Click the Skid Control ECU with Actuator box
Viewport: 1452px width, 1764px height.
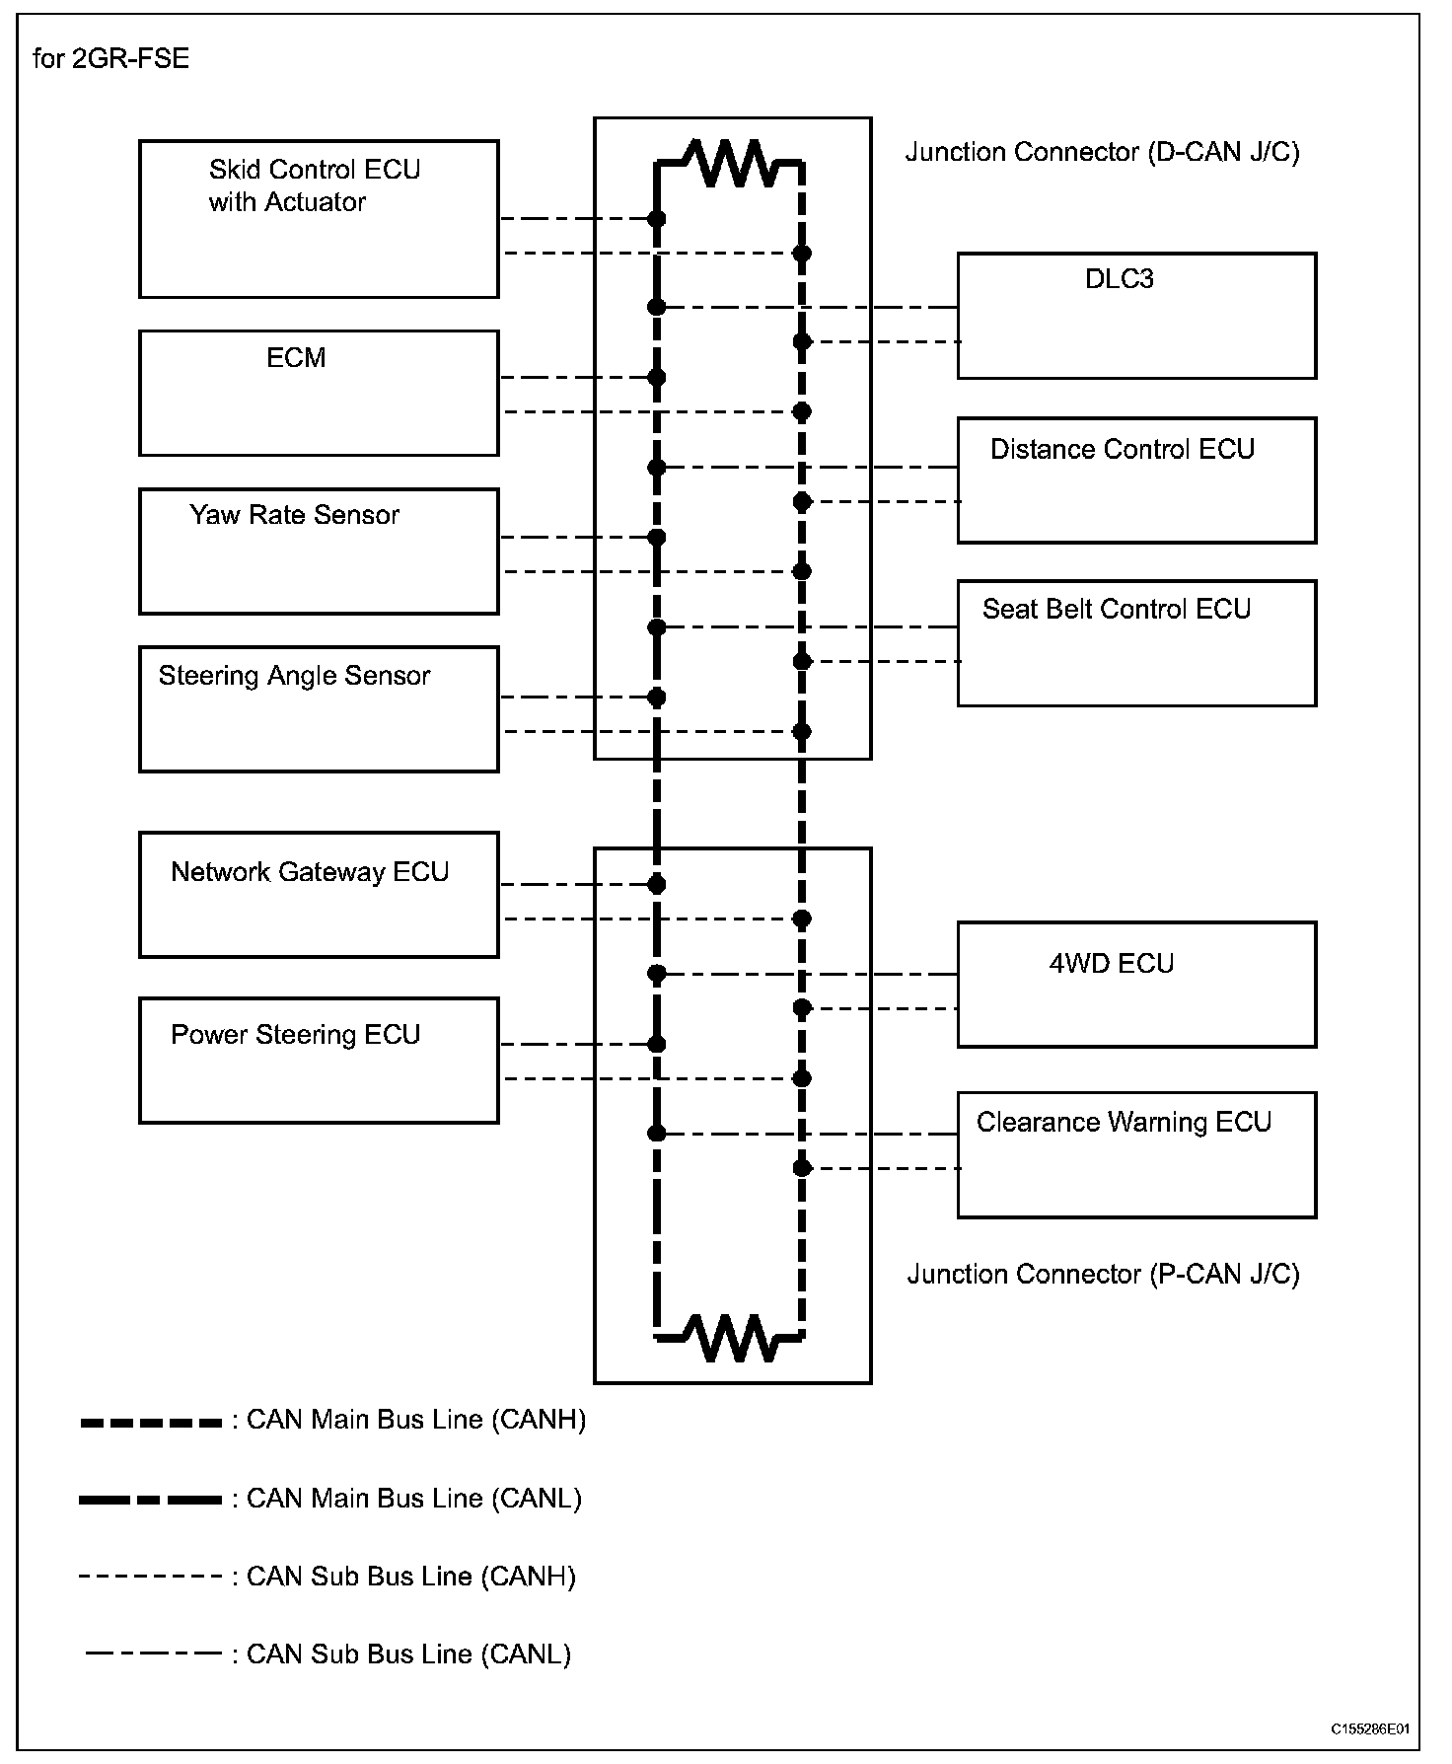(x=319, y=219)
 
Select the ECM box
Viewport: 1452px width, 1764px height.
(x=319, y=393)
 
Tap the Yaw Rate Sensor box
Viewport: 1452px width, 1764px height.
(x=319, y=551)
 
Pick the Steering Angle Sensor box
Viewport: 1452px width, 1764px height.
(x=319, y=709)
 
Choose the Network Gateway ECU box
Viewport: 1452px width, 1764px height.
(x=319, y=895)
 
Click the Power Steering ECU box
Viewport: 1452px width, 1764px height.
(x=319, y=1061)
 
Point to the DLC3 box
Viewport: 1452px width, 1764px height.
(x=1136, y=316)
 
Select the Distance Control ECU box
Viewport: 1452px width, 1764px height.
(x=1136, y=480)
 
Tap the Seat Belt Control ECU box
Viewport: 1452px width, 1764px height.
(x=1136, y=643)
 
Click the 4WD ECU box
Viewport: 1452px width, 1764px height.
(x=1136, y=985)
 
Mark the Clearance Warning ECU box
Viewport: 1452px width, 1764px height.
(x=1136, y=1154)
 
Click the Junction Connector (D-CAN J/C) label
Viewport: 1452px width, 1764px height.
(x=1102, y=153)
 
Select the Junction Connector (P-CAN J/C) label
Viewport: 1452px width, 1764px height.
(x=1103, y=1275)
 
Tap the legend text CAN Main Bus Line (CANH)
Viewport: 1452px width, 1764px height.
(x=415, y=1420)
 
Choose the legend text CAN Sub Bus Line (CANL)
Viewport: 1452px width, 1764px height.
(x=408, y=1654)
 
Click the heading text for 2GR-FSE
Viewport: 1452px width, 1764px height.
(x=110, y=59)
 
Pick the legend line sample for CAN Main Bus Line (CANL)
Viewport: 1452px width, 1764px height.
(x=151, y=1500)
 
